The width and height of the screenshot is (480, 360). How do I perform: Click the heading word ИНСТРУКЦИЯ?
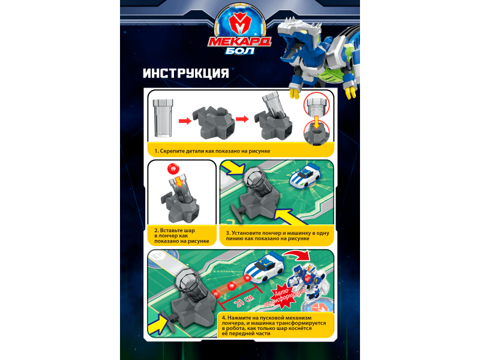point(186,73)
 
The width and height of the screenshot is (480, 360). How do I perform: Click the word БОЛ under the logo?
point(240,50)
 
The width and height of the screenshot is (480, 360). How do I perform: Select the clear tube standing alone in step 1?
point(163,118)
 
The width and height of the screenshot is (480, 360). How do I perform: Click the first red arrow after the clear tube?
point(185,121)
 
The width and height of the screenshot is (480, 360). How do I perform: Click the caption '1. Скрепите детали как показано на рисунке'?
point(212,151)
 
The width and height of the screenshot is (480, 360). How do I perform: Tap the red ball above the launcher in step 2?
point(173,169)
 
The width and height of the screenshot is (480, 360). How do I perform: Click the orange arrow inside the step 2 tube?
point(178,181)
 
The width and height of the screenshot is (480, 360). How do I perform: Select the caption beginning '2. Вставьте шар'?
point(182,236)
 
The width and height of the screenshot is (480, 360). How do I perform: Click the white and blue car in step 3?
point(305,176)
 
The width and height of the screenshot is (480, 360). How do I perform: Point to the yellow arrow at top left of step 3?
point(233,168)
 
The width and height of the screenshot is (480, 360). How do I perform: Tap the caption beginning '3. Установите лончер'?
point(277,236)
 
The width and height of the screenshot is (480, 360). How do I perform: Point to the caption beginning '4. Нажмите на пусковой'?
point(274,326)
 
